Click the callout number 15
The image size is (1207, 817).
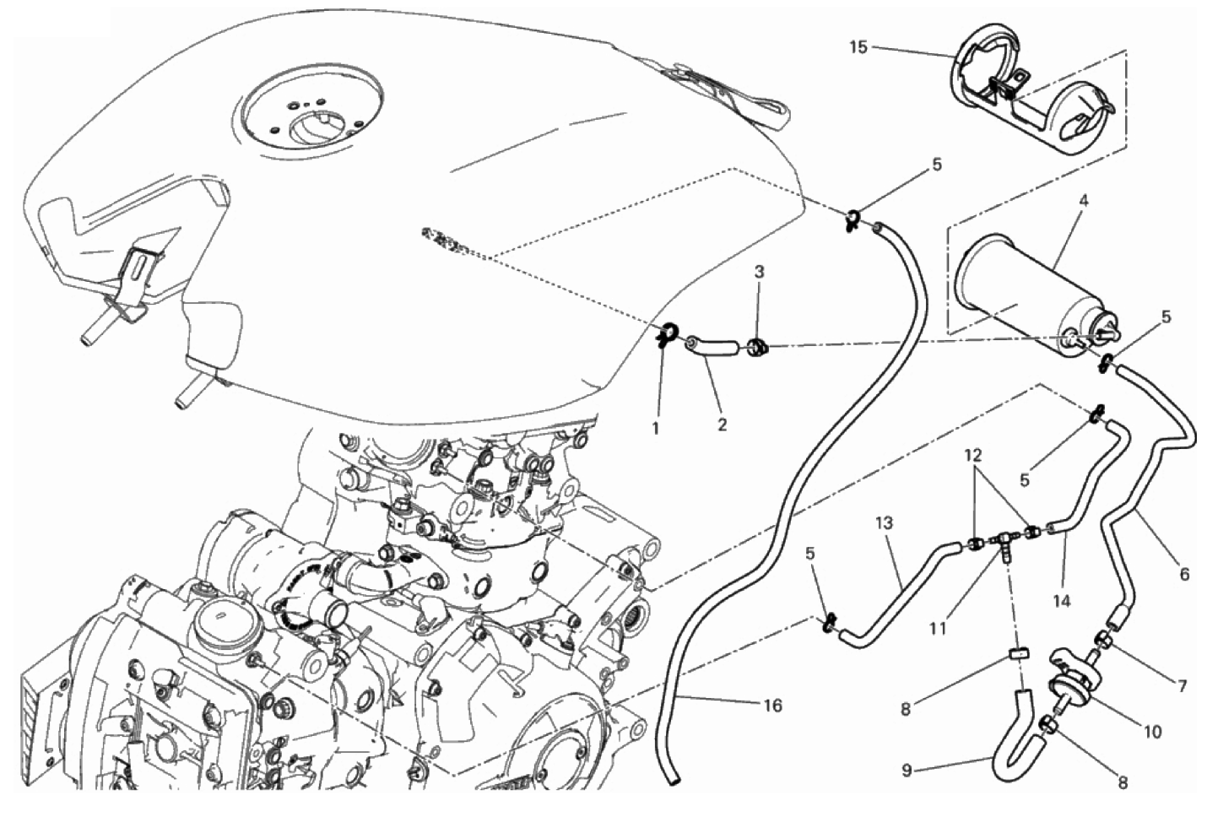point(858,47)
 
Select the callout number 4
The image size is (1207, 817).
point(1083,202)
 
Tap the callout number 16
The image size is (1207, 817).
point(771,706)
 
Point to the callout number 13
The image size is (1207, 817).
point(884,523)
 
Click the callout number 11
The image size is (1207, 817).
point(938,628)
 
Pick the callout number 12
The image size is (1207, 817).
point(977,455)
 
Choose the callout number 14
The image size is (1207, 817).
point(1061,600)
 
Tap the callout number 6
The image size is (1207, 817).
point(1184,575)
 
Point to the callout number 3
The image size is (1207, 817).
point(760,272)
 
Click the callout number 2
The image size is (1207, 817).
point(722,425)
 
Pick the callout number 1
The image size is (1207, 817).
point(656,428)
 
